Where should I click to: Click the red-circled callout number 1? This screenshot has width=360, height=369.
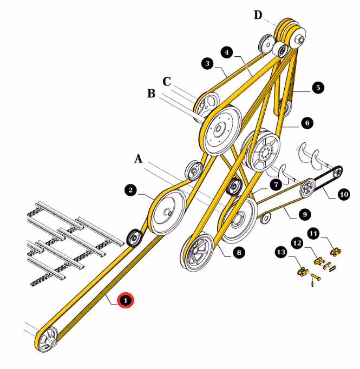pyautogui.click(x=126, y=300)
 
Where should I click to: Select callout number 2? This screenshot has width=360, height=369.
pyautogui.click(x=130, y=190)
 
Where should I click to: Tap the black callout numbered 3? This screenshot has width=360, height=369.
pyautogui.click(x=207, y=63)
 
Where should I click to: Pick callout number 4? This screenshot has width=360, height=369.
pyautogui.click(x=227, y=52)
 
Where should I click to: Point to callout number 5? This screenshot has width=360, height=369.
pyautogui.click(x=318, y=88)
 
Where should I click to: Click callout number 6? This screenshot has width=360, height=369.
pyautogui.click(x=307, y=123)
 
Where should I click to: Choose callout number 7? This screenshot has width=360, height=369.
pyautogui.click(x=276, y=184)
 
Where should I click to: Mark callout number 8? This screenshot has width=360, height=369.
pyautogui.click(x=239, y=253)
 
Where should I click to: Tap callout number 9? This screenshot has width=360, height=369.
pyautogui.click(x=305, y=214)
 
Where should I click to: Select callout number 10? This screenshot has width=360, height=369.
pyautogui.click(x=344, y=194)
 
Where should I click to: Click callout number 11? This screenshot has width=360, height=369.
pyautogui.click(x=313, y=233)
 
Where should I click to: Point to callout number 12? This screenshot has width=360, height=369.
pyautogui.click(x=297, y=243)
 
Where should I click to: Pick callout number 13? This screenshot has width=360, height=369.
pyautogui.click(x=281, y=252)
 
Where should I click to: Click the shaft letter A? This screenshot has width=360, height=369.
pyautogui.click(x=139, y=159)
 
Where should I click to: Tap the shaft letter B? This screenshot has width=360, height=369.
pyautogui.click(x=151, y=94)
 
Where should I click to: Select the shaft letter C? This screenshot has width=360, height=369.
pyautogui.click(x=167, y=82)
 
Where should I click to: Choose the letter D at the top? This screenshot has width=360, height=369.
pyautogui.click(x=258, y=15)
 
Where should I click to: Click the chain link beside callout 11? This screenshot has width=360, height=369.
pyautogui.click(x=336, y=252)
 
